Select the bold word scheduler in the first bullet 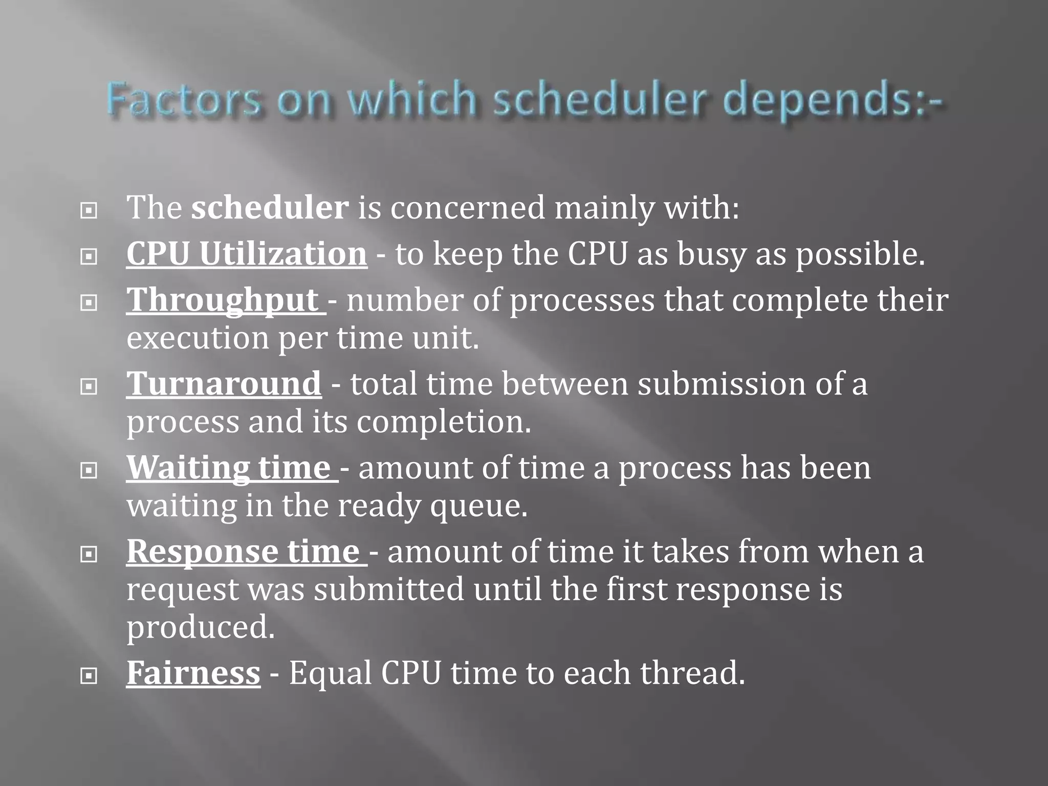pos(270,208)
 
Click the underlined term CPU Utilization pos(247,254)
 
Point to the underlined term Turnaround pos(224,384)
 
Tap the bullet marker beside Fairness pos(89,676)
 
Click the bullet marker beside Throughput pos(89,303)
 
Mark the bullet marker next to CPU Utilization pos(89,256)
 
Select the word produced pos(200,628)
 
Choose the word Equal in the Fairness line pos(330,673)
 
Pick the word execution pos(198,339)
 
